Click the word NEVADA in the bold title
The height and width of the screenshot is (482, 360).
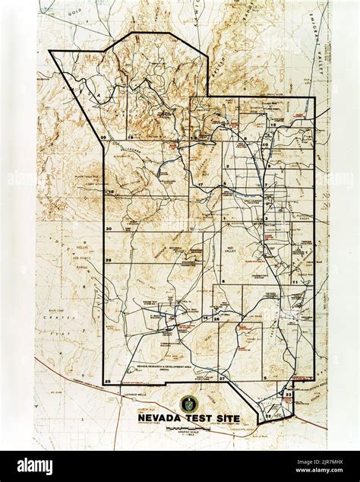pos(158,418)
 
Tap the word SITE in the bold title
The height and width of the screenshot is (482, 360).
pos(226,418)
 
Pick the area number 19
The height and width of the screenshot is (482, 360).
pos(130,137)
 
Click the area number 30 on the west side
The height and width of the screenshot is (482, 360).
pos(109,228)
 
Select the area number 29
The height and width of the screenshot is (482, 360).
pos(109,261)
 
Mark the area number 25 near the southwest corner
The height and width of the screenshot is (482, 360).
pos(108,380)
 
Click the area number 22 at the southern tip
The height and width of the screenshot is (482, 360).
pos(268,416)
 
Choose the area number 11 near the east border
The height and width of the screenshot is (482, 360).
pos(294,281)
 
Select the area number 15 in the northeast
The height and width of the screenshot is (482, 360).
pos(293,123)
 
